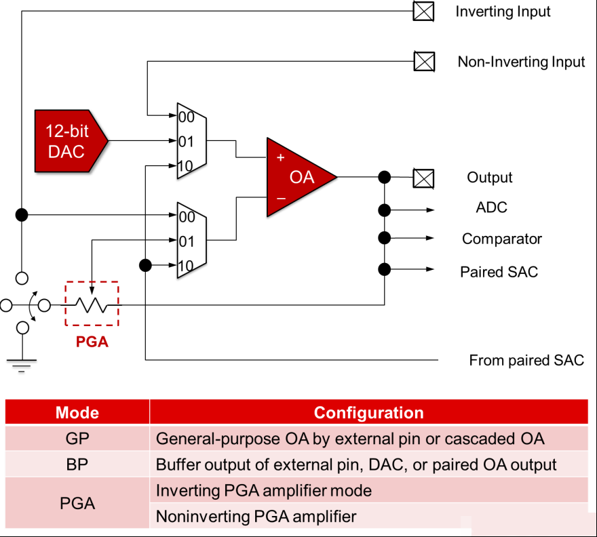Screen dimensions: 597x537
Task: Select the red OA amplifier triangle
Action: point(297,178)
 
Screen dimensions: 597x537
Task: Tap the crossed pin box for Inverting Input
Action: point(423,11)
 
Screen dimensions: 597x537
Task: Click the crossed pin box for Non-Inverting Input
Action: point(424,61)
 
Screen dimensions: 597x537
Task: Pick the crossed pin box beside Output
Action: point(423,178)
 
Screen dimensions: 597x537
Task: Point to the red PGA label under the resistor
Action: point(92,342)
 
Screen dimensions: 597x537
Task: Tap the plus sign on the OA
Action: point(281,157)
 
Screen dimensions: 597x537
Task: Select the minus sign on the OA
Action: point(281,198)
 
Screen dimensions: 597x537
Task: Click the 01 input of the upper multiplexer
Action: point(186,142)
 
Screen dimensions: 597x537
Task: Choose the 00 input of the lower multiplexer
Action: point(187,217)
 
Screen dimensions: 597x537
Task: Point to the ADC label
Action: point(492,207)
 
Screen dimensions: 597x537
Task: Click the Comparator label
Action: point(502,239)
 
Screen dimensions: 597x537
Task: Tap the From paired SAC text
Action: point(526,360)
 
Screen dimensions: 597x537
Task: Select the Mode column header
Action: point(77,412)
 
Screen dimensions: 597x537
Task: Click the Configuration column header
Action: point(368,412)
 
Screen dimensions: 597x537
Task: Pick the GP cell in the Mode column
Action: point(77,439)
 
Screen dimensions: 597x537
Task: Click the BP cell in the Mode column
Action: point(77,464)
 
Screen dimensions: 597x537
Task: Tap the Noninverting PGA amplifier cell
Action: point(256,517)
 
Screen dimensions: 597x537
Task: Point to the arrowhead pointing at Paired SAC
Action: point(430,269)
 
